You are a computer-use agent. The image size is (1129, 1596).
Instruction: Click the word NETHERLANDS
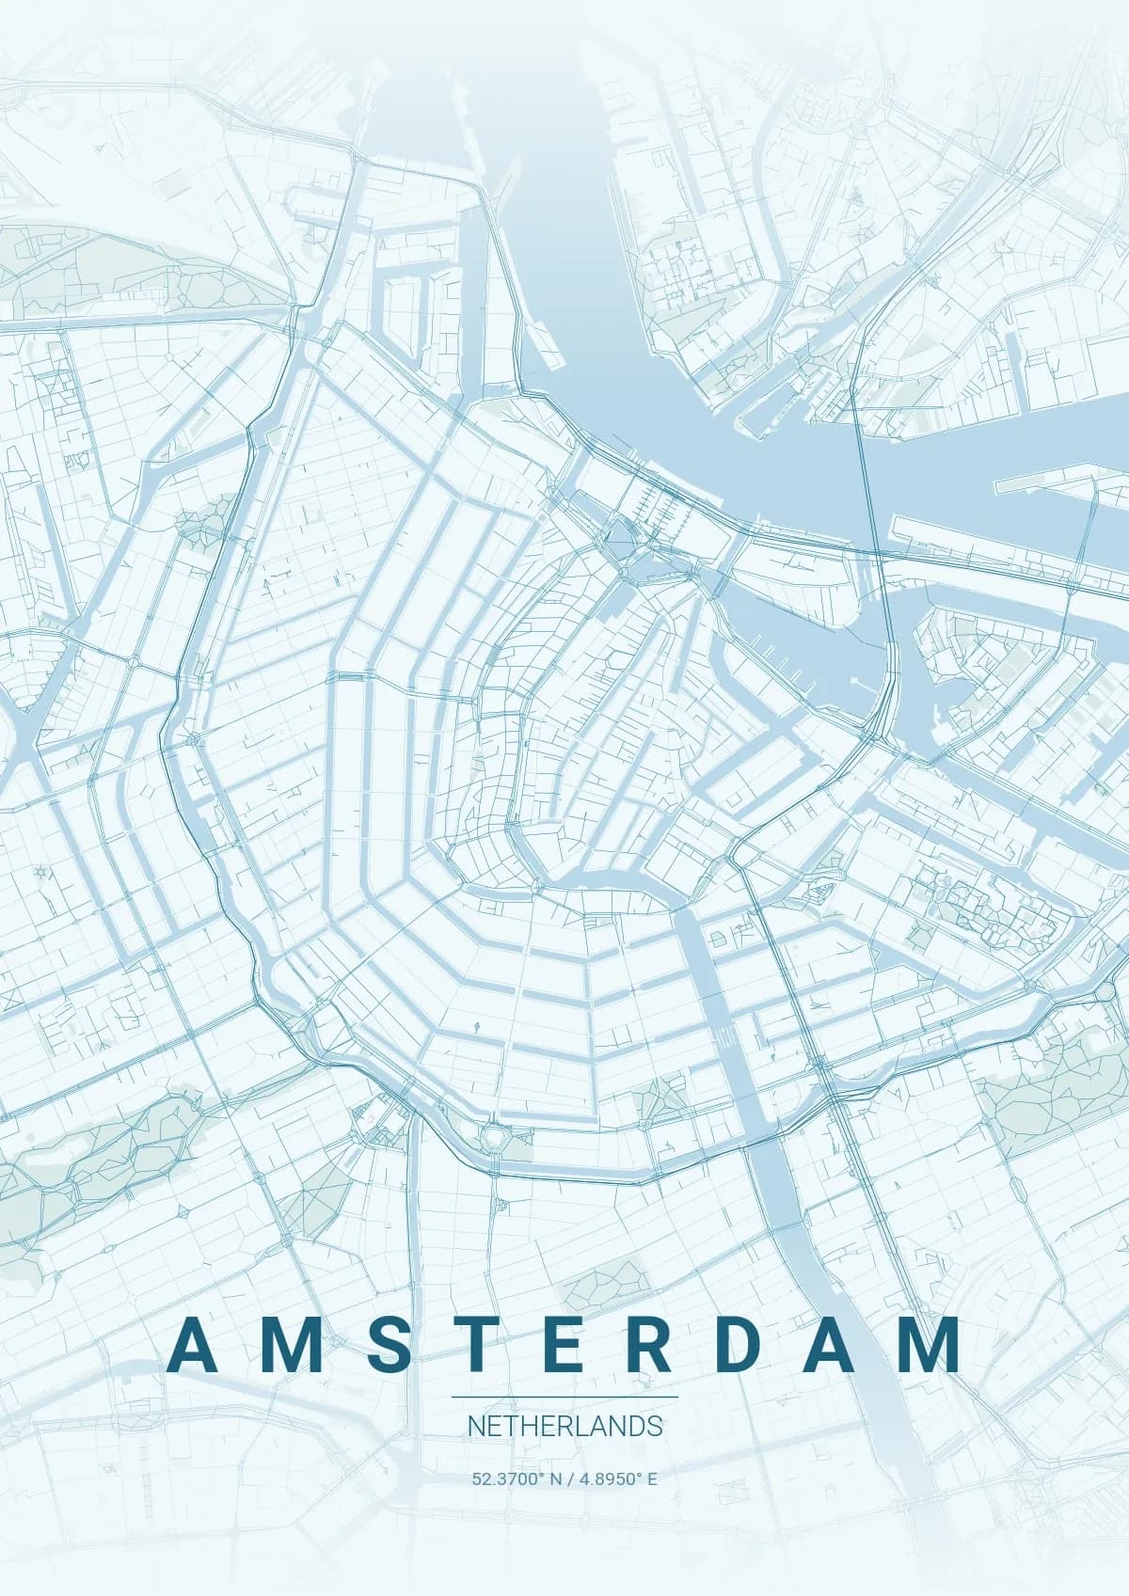coord(564,1426)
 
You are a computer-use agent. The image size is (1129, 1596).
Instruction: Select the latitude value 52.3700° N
coord(517,1478)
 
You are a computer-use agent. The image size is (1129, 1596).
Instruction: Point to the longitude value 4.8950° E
coord(619,1478)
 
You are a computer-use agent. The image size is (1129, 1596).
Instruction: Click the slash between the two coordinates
coord(570,1478)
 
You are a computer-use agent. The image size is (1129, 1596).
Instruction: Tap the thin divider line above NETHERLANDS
coord(564,1398)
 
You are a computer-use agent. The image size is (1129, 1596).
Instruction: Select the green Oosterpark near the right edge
coord(1044,1091)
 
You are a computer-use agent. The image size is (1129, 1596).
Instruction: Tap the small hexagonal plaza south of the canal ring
coord(493,1137)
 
